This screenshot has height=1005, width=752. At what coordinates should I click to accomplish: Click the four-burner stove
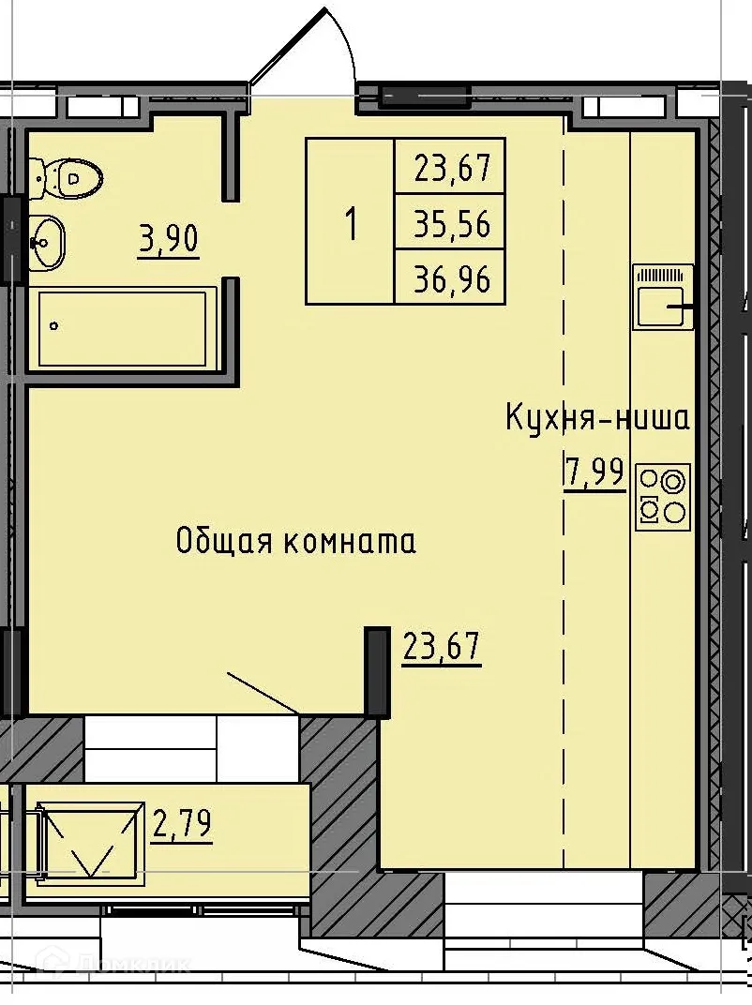click(x=663, y=497)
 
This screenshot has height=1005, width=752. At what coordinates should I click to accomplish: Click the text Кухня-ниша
click(x=597, y=417)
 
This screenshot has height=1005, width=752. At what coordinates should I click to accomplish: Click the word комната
click(x=351, y=541)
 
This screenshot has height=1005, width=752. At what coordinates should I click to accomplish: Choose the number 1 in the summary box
click(x=351, y=224)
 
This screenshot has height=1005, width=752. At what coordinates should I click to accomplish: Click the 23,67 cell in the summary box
click(x=452, y=170)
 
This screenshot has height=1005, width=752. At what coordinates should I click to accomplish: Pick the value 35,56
click(x=452, y=224)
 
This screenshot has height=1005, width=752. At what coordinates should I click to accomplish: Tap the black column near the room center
click(x=377, y=671)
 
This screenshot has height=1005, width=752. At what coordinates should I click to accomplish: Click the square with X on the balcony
click(x=91, y=838)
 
